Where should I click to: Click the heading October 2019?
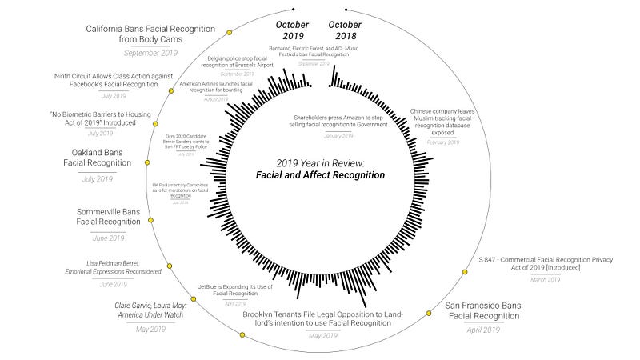click(292, 30)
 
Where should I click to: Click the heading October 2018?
click(345, 30)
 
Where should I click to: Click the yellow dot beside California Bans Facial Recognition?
click(229, 33)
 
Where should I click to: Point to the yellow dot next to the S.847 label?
click(466, 272)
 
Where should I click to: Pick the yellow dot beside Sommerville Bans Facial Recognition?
click(151, 220)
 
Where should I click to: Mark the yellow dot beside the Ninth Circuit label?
click(170, 91)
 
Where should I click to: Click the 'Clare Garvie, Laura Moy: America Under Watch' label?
click(150, 310)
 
